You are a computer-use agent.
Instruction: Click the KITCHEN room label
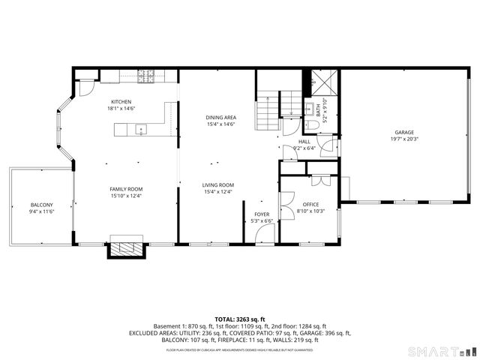pyautogui.click(x=121, y=102)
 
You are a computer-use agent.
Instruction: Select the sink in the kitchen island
pyautogui.click(x=139, y=130)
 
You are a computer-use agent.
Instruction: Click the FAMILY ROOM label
pyautogui.click(x=126, y=189)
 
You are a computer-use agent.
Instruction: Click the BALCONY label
pyautogui.click(x=42, y=205)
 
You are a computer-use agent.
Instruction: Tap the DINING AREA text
pyautogui.click(x=220, y=118)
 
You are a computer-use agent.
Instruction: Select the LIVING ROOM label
pyautogui.click(x=218, y=184)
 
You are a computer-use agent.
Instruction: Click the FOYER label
pyautogui.click(x=262, y=214)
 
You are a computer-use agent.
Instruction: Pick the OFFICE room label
pyautogui.click(x=310, y=204)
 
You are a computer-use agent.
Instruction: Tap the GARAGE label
pyautogui.click(x=404, y=132)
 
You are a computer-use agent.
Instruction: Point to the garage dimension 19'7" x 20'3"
pyautogui.click(x=404, y=139)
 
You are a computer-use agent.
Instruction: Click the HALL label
pyautogui.click(x=304, y=141)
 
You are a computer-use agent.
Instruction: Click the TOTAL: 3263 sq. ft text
pyautogui.click(x=240, y=319)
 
